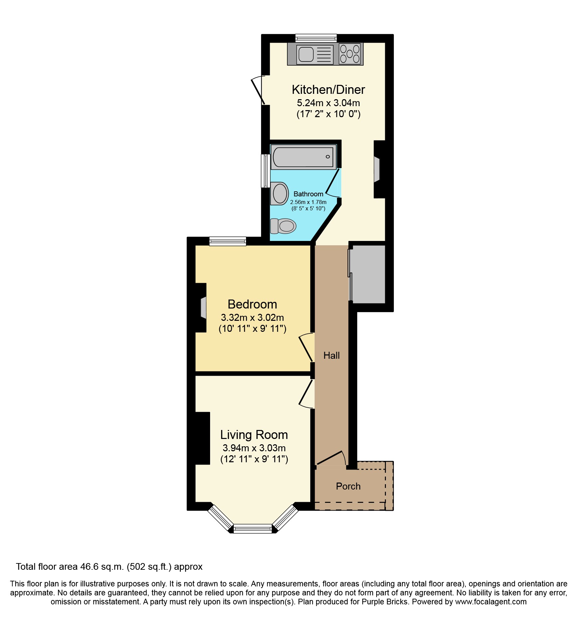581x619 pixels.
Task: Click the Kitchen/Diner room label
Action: [x=328, y=90]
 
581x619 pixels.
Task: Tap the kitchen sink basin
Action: [x=306, y=54]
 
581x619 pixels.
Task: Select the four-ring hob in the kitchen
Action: [x=350, y=54]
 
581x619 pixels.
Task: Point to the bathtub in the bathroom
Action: [x=303, y=157]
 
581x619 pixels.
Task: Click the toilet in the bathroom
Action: [x=283, y=226]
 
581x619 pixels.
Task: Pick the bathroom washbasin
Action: [x=279, y=193]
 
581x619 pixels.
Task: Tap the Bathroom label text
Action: [x=308, y=194]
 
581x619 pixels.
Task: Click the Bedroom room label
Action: [x=252, y=305]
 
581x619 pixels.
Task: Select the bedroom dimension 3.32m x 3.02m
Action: [x=252, y=317]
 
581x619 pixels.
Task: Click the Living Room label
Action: [x=254, y=435]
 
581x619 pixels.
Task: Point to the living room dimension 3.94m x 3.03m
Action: [x=254, y=448]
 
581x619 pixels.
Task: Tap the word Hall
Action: [x=332, y=356]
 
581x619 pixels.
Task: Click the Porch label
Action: [x=348, y=487]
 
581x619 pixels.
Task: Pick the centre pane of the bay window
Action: [x=253, y=528]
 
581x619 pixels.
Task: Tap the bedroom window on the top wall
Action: [x=228, y=241]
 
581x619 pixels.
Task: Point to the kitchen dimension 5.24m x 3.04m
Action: [x=328, y=103]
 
